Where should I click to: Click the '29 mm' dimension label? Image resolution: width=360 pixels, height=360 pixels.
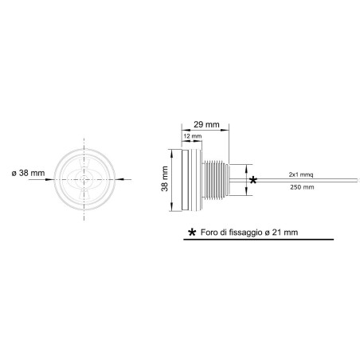pos(206,125)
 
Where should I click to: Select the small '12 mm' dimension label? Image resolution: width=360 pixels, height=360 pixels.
pos(192,137)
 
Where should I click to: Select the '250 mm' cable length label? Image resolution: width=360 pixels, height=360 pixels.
pos(301,188)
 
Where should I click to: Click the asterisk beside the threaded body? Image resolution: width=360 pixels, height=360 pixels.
pos(254,181)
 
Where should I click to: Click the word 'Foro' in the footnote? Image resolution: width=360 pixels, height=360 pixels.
pos(210,232)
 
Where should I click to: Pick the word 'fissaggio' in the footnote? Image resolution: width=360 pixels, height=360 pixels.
pos(247,232)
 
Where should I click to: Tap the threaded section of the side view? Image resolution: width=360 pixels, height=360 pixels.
pos(215,181)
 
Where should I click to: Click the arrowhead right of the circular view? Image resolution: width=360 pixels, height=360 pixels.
pos(117,179)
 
